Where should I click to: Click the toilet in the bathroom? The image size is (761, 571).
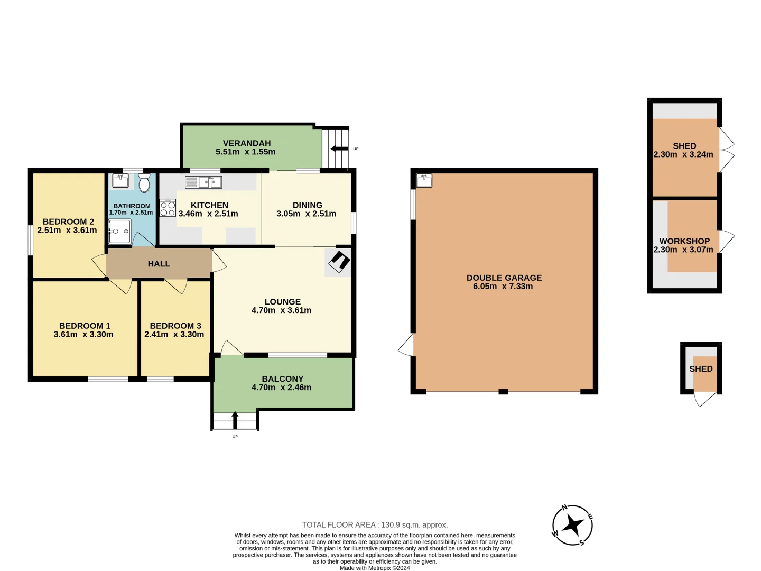pyautogui.click(x=144, y=183)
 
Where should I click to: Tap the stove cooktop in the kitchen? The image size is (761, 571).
pyautogui.click(x=168, y=208)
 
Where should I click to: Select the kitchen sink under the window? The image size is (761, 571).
pyautogui.click(x=203, y=182)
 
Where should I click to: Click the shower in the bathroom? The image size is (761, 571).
pyautogui.click(x=119, y=232)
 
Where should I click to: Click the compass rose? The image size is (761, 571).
pyautogui.click(x=572, y=526)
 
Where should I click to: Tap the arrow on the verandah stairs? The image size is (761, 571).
pyautogui.click(x=339, y=149)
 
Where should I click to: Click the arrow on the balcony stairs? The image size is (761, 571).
pyautogui.click(x=235, y=420)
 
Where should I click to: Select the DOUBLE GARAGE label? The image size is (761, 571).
pyautogui.click(x=504, y=278)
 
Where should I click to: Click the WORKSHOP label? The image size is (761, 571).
pyautogui.click(x=684, y=241)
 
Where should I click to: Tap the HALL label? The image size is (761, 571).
pyautogui.click(x=159, y=264)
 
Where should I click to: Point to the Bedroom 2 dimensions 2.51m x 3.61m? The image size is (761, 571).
pyautogui.click(x=67, y=231)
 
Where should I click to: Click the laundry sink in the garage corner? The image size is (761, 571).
pyautogui.click(x=424, y=180)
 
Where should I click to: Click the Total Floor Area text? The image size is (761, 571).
pyautogui.click(x=375, y=525)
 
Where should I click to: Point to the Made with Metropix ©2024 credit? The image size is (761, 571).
pyautogui.click(x=375, y=568)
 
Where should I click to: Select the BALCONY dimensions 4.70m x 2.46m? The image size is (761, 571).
pyautogui.click(x=281, y=388)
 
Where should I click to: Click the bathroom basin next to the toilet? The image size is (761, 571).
pyautogui.click(x=120, y=181)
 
